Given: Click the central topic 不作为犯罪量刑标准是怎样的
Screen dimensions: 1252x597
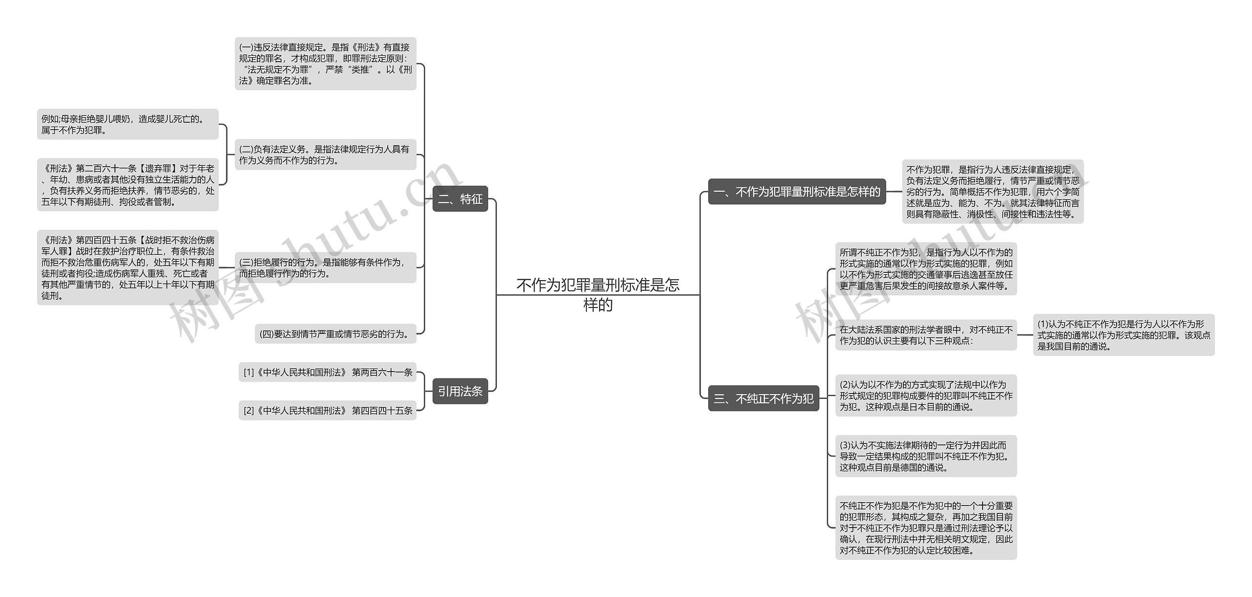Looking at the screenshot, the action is tap(598, 294).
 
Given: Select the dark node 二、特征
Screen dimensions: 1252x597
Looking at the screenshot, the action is tap(460, 199).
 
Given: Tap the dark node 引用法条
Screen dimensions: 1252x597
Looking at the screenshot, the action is tap(460, 391).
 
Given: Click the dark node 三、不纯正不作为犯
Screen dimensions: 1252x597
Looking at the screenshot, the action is tap(763, 398).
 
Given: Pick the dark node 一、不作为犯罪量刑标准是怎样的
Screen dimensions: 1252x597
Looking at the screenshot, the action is tap(797, 192).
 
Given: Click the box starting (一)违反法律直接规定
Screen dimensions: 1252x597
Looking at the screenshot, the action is tap(325, 64).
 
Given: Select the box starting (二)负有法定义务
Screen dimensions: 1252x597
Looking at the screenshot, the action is tap(325, 155).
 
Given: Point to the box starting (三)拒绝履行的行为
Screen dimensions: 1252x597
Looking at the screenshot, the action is tap(325, 267).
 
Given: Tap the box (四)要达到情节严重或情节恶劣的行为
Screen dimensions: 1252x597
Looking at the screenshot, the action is tap(335, 334).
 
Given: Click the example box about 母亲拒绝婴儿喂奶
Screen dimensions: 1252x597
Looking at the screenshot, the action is tap(128, 124).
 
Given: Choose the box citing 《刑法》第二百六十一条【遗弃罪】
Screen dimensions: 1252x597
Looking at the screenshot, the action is tap(128, 185).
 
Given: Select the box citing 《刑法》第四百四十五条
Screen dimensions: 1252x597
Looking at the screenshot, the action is tap(128, 267).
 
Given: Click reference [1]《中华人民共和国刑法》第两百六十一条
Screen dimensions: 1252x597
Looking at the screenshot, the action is tap(328, 372).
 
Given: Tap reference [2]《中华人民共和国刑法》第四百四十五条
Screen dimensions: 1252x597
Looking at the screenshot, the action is tap(328, 410).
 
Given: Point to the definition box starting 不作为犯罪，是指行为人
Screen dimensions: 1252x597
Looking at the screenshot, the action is tap(992, 192).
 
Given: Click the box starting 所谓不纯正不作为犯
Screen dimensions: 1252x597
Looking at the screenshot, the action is tap(926, 269).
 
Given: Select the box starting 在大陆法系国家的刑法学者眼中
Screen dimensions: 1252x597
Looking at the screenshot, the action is tap(926, 335).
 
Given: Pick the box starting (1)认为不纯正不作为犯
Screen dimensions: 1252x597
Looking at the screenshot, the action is tap(1123, 335).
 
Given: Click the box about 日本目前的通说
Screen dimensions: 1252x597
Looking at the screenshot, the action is tap(926, 396).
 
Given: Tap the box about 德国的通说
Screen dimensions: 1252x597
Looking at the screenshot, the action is tap(926, 456).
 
